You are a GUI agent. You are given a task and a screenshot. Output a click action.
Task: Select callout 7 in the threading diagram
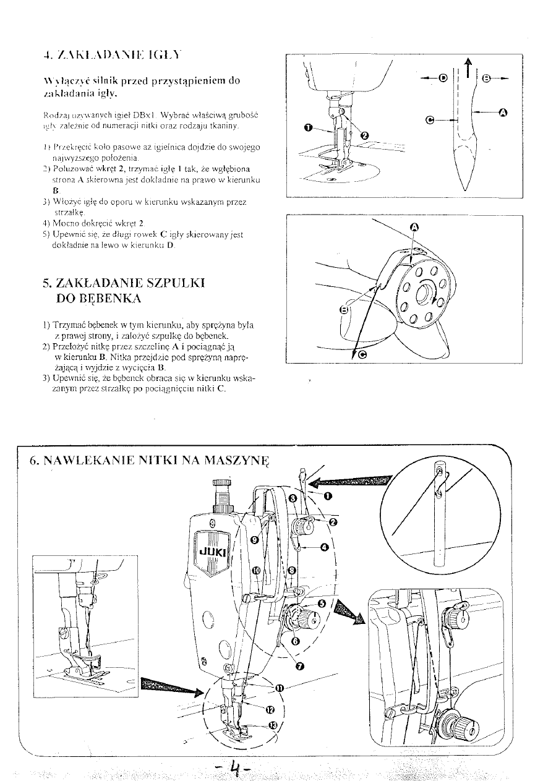(301, 666)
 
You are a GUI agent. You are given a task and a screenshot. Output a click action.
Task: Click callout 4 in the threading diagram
(324, 547)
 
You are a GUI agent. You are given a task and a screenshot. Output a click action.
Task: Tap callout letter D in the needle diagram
(442, 78)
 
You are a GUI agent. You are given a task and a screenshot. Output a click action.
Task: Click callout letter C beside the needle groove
(430, 119)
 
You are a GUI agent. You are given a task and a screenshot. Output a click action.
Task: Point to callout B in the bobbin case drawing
(345, 309)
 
